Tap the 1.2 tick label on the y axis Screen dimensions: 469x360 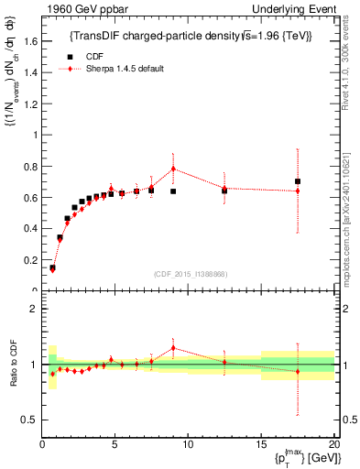click(29, 103)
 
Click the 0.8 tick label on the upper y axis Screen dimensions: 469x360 click(29, 166)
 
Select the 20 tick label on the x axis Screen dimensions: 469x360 click(333, 445)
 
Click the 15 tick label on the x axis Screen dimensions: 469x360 click(260, 445)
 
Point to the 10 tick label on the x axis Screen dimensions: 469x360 click(188, 445)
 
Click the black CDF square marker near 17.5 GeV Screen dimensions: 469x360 click(297, 181)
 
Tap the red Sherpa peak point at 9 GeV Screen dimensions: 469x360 click(173, 169)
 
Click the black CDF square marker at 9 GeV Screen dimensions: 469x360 click(173, 191)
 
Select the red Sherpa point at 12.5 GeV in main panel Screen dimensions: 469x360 click(224, 188)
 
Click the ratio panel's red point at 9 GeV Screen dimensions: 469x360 click(173, 348)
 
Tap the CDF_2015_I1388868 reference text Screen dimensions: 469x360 click(191, 274)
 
